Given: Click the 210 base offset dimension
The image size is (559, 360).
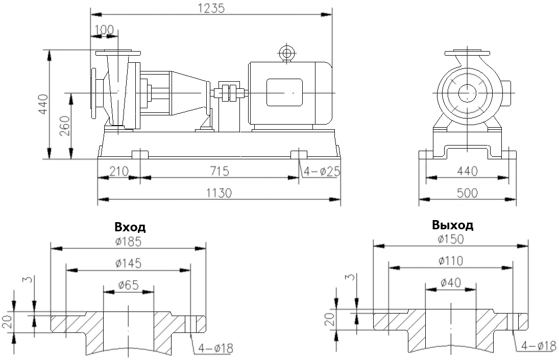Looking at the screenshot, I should pos(118,171).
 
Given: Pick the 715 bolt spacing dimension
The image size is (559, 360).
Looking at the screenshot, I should pos(219,171).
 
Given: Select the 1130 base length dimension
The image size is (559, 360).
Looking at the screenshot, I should pos(219,193).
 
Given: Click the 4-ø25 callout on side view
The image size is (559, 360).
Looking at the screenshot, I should pos(322,172).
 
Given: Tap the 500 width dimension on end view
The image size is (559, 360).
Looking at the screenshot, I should pos(467,193).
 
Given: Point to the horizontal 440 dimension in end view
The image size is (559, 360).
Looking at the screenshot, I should pos(467,171).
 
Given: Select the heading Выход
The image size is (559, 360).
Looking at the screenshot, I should pos(452,225).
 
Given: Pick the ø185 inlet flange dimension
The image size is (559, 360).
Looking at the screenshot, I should pos(128,242).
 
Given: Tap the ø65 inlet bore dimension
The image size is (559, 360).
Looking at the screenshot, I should pos(128,285).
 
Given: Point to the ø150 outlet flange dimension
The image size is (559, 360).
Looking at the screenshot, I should pos(451,239).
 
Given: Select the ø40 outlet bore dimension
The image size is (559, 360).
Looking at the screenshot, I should pos(451,282).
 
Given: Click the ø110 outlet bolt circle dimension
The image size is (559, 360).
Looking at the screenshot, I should pos(451,261).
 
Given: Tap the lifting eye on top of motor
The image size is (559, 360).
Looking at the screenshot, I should pos(286,53).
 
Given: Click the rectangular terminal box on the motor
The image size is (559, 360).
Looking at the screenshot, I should pos(284,92).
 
